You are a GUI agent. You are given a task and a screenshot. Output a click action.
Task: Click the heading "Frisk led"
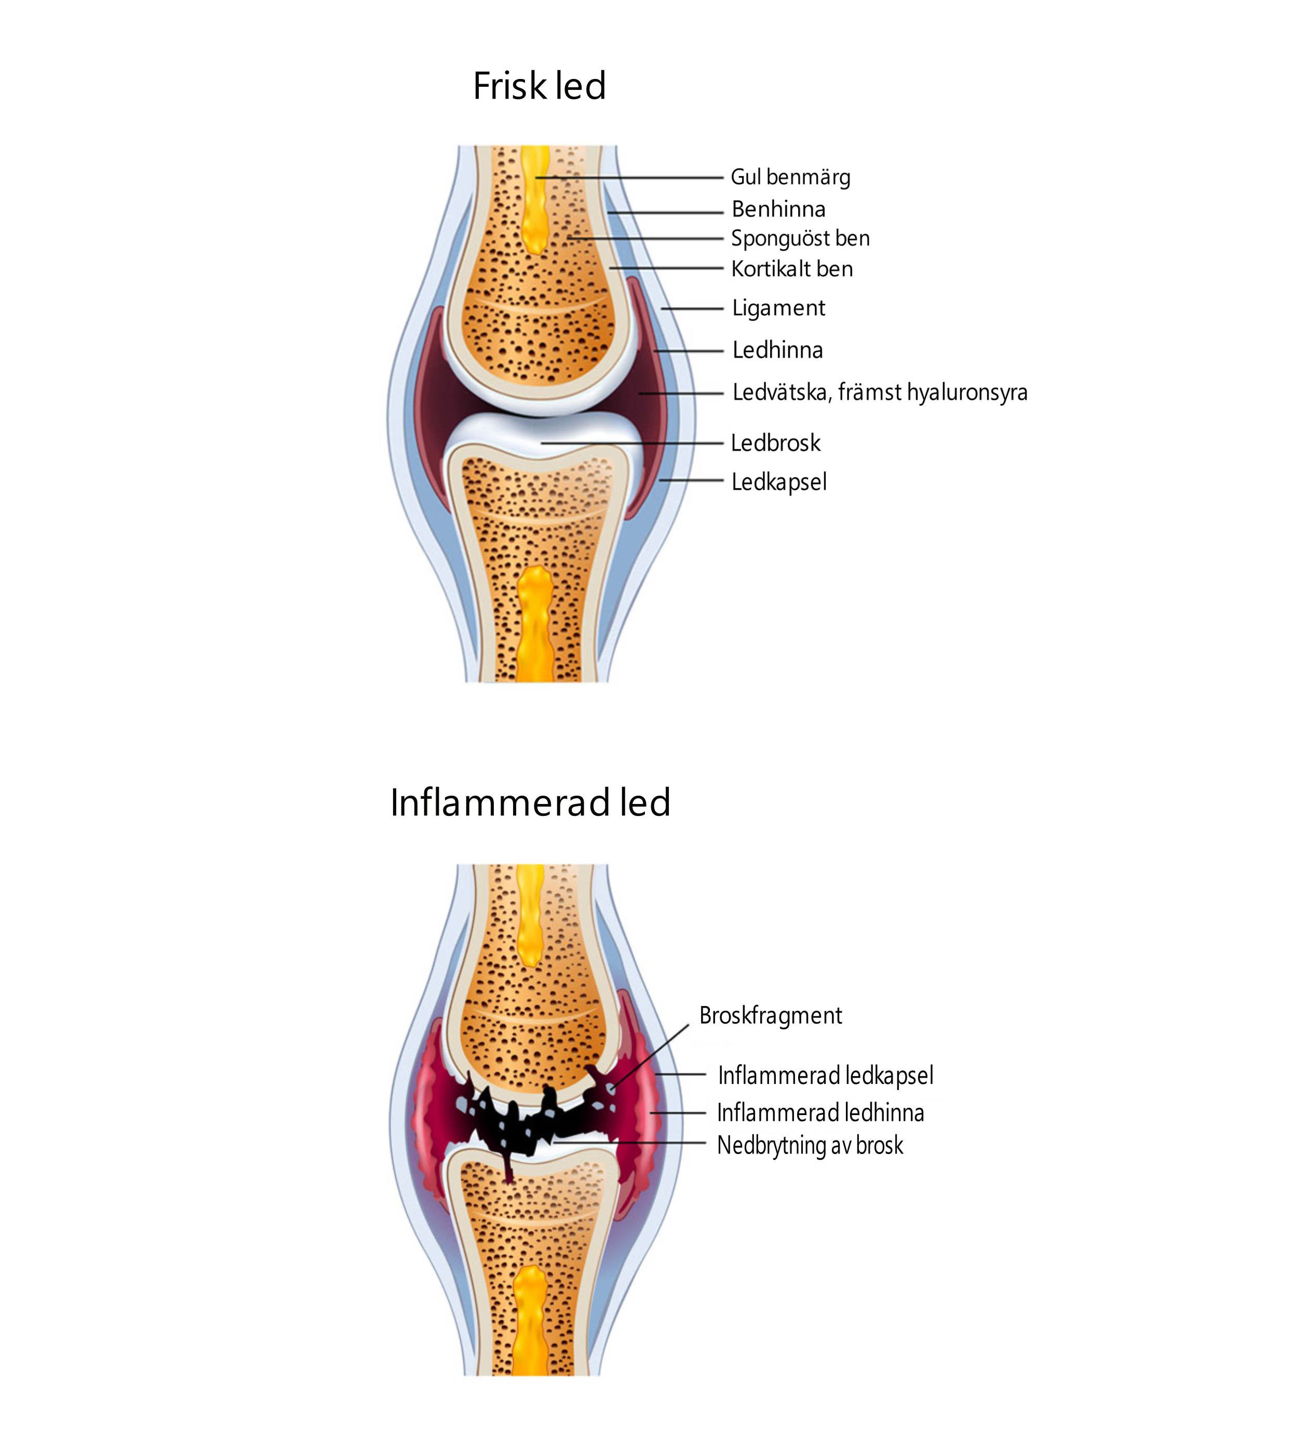pos(539,86)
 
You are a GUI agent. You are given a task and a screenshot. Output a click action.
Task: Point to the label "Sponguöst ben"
pos(801,239)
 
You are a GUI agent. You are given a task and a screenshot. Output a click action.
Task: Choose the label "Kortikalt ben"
pos(792,269)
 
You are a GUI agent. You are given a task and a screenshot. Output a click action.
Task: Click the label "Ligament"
pos(778,309)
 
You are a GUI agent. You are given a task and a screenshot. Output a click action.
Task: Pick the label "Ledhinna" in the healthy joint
pos(778,350)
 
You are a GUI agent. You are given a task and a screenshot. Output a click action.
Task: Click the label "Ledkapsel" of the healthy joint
pos(779,482)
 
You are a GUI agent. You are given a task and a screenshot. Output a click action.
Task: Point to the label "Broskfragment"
pos(771,1016)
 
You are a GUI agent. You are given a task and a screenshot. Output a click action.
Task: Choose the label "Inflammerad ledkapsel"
pos(826,1076)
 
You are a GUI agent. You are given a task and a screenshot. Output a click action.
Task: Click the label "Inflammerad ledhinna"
pos(820,1112)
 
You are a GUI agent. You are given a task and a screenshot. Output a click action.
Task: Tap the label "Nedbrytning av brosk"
pos(810,1145)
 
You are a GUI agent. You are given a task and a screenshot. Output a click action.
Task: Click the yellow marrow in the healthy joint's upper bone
pos(535,199)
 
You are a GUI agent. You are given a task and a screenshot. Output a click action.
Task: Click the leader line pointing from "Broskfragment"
pos(649,1056)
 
